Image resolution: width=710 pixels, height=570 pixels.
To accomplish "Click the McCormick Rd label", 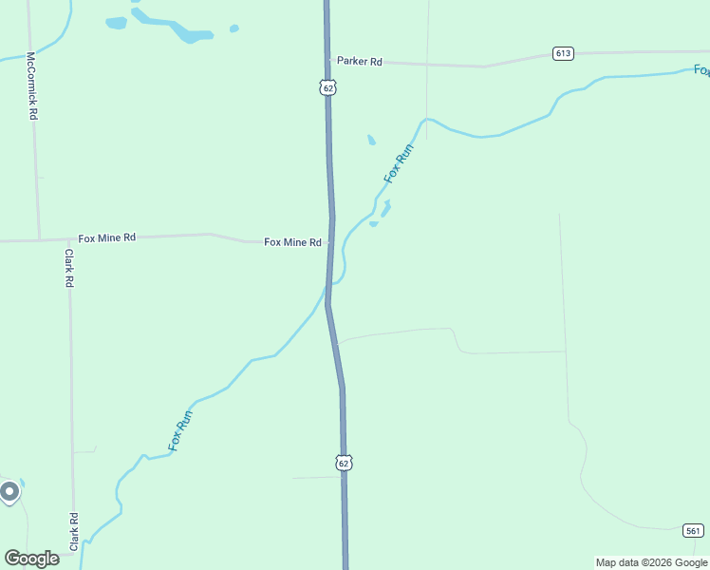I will tap(31, 85).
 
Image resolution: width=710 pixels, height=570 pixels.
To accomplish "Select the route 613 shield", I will tap(563, 53).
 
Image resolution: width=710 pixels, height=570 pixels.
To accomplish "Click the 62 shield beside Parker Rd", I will tap(327, 87).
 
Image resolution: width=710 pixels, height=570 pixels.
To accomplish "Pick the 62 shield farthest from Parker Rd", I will tap(344, 463).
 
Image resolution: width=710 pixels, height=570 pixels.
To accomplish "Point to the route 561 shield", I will tap(693, 530).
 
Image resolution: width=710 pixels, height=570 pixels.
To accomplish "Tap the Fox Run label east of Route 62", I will tap(399, 163).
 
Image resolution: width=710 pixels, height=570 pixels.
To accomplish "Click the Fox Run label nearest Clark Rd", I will tap(180, 429).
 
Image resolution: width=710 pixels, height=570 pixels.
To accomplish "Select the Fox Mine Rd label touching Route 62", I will tap(292, 242).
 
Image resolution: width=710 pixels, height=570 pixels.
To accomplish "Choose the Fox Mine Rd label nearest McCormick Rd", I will tap(106, 237).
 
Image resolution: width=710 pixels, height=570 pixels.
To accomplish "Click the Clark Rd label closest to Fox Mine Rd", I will tap(69, 269).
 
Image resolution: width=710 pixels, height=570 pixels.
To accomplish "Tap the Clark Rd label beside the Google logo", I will tap(73, 532).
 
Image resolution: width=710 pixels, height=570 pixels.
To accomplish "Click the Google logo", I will tap(31, 559).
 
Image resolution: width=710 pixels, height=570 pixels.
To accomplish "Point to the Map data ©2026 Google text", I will tap(651, 562).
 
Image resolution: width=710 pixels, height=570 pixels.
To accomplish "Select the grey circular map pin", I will tap(9, 492).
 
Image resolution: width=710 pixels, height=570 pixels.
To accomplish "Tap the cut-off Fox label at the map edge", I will tap(701, 70).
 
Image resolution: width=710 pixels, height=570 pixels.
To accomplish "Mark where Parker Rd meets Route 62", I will tap(328, 61).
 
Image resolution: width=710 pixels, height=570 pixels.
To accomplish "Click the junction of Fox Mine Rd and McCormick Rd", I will tap(39, 239).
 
